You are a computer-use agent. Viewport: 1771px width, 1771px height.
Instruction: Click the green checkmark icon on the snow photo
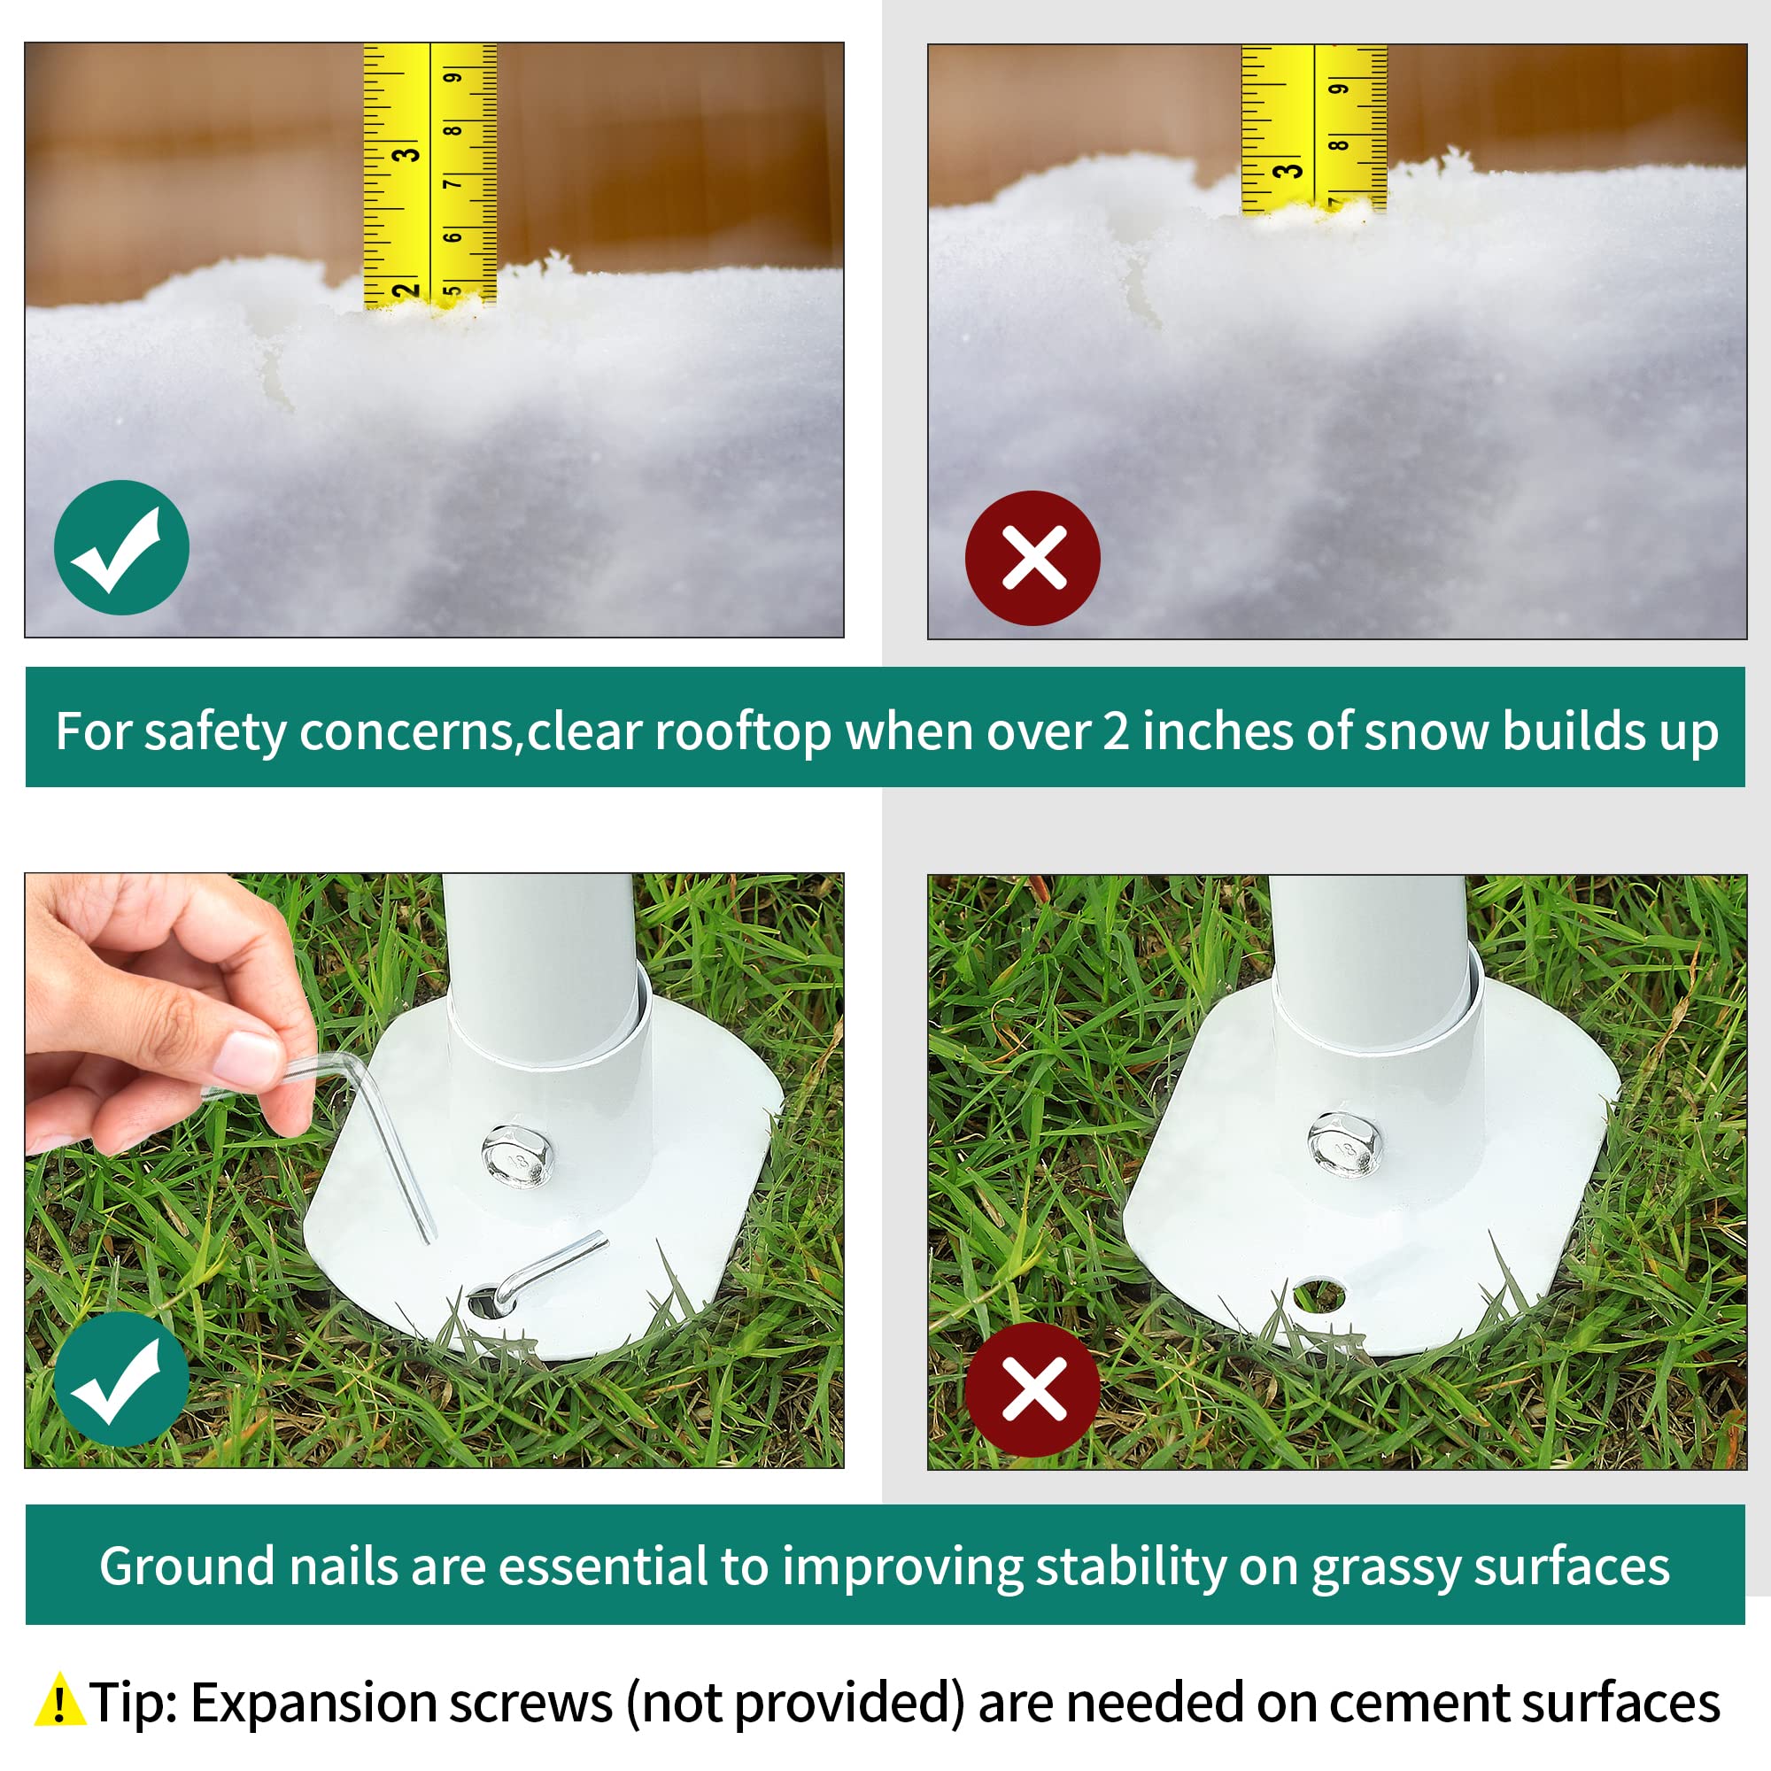tap(121, 547)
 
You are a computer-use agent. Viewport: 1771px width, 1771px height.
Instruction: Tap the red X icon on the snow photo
tap(1033, 558)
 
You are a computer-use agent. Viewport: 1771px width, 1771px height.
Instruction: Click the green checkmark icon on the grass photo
tap(121, 1379)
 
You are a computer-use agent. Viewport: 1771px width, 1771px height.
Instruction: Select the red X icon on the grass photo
tap(1033, 1389)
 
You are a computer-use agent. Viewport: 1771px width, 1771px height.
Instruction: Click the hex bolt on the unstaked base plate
tap(1344, 1144)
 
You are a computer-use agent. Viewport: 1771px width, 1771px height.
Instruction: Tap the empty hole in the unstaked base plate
tap(1320, 1295)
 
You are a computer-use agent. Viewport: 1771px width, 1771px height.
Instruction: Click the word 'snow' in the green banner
tap(1426, 731)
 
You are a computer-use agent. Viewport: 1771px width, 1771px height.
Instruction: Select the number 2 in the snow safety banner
tap(1115, 731)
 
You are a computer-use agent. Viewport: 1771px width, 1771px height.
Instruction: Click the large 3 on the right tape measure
tap(1288, 171)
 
